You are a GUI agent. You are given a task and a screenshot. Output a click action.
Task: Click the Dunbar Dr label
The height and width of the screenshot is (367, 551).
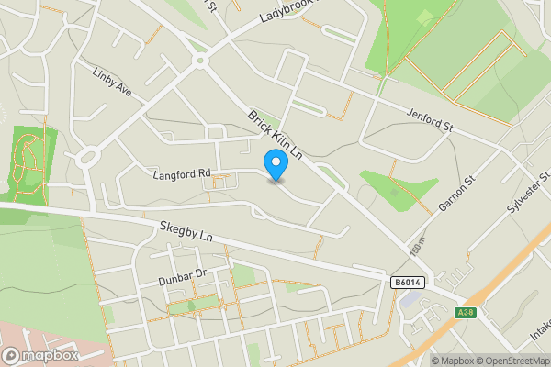(179, 274)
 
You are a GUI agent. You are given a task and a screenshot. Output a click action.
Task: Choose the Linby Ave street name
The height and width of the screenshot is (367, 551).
(114, 80)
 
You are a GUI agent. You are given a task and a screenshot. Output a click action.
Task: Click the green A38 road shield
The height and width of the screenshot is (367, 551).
(466, 313)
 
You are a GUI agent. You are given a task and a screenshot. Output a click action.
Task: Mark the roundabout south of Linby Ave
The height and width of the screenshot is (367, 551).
(88, 157)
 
